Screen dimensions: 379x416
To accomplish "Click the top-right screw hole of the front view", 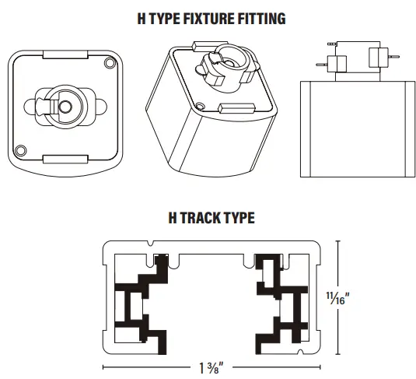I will point(107,61).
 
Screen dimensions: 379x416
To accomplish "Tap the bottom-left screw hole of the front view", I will point(22,149).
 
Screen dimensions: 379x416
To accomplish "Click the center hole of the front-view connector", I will point(65,106).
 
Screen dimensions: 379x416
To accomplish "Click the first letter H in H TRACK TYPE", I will point(173,219).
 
